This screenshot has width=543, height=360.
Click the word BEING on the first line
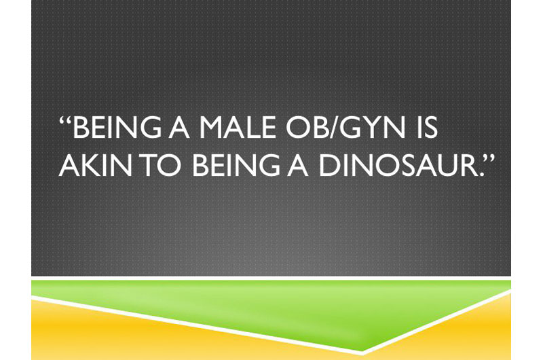point(117,127)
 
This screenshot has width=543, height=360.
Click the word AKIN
point(95,165)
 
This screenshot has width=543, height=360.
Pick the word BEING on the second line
point(236,165)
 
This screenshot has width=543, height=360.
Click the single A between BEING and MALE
point(179,127)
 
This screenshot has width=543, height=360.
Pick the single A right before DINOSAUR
point(297,165)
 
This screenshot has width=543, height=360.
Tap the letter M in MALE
point(211,127)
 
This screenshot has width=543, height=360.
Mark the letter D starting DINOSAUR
point(329,165)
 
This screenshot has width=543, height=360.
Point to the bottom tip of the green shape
point(362,351)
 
